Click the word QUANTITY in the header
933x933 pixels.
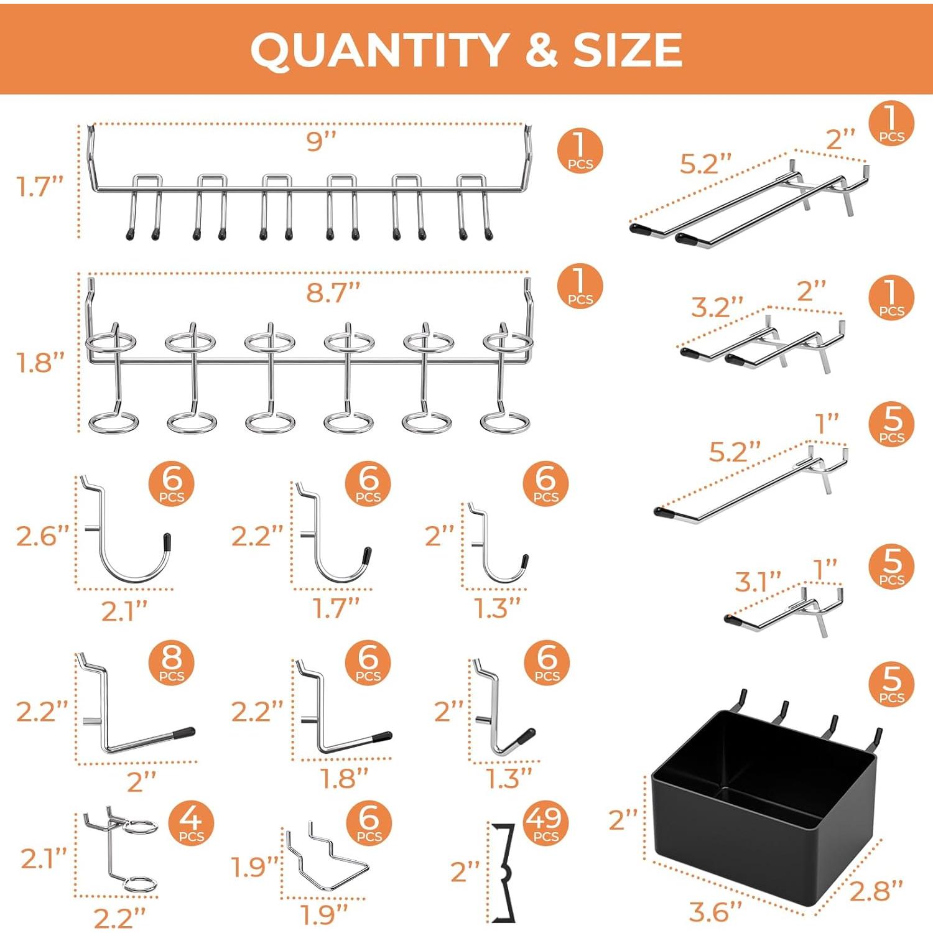tap(378, 50)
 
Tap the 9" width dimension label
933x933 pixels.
tap(321, 142)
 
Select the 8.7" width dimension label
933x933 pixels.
tap(333, 292)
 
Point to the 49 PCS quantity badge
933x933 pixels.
tap(545, 824)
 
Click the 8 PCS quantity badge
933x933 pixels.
tap(172, 663)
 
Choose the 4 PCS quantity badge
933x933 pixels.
tap(191, 822)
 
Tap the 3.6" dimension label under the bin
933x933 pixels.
tap(715, 912)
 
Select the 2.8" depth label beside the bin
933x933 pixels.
tap(876, 891)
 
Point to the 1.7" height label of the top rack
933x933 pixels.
tap(40, 186)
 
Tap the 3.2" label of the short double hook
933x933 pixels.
tap(717, 307)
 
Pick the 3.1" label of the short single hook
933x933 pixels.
tap(758, 582)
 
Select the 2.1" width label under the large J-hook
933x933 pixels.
tap(124, 611)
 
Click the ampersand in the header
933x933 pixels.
tap(541, 50)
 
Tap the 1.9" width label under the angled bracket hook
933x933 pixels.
tap(324, 914)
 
